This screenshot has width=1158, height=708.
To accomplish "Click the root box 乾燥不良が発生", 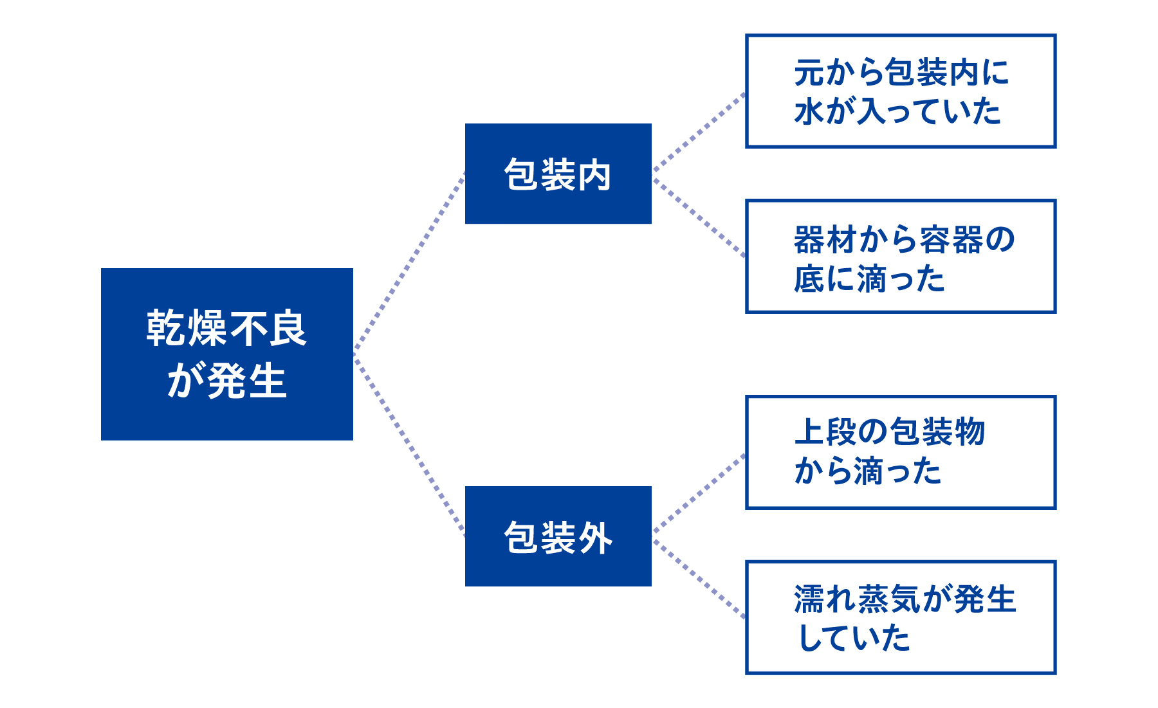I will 226,354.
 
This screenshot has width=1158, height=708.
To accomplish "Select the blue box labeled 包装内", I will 558,174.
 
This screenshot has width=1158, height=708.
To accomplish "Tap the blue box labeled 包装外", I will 558,536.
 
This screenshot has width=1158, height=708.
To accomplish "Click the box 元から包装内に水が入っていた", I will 900,91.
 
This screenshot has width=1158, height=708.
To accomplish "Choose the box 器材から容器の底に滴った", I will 900,256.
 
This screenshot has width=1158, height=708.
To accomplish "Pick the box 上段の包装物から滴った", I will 900,452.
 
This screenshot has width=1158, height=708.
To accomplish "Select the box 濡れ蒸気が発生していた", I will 900,617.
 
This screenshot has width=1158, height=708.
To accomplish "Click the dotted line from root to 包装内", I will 409,263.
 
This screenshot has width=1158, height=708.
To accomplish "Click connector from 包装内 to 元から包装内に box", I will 699,132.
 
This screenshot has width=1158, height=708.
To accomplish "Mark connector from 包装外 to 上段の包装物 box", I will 699,494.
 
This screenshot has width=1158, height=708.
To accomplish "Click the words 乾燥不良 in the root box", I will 226,329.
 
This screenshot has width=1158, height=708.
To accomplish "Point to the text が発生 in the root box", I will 226,381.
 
